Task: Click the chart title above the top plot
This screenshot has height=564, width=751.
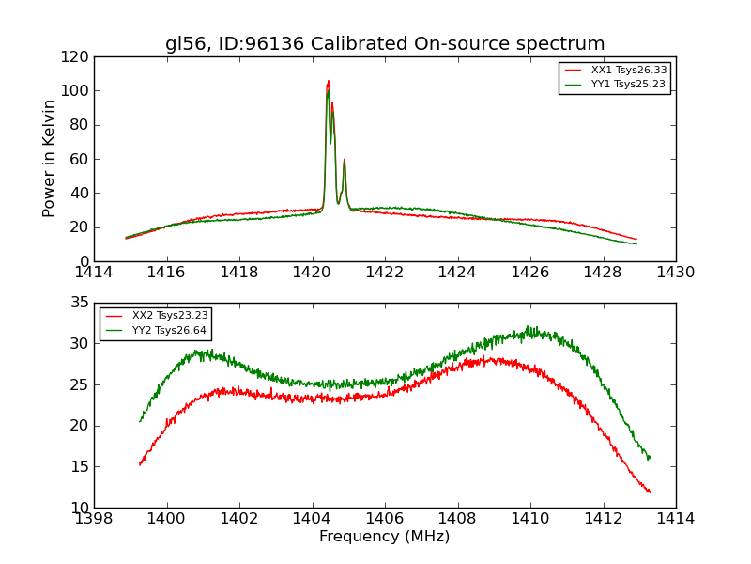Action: click(385, 44)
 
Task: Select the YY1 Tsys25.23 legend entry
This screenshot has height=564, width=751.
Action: click(628, 85)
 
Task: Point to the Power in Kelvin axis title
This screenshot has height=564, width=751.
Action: click(49, 158)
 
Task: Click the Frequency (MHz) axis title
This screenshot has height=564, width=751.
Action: click(385, 537)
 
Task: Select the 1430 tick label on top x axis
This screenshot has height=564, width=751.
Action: click(675, 273)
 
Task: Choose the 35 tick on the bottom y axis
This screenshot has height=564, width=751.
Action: click(80, 303)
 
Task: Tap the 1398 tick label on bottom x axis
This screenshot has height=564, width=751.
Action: click(94, 519)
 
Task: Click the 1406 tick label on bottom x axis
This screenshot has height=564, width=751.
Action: click(385, 519)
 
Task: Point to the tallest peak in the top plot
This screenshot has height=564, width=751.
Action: click(329, 82)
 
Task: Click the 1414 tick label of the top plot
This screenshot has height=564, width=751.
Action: click(94, 273)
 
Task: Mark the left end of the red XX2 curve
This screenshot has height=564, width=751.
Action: click(140, 464)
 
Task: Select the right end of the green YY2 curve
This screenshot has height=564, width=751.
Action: click(650, 458)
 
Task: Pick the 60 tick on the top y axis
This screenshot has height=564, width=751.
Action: click(80, 159)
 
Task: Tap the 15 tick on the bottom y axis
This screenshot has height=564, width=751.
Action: click(80, 467)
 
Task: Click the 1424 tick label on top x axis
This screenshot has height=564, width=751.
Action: click(457, 273)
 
